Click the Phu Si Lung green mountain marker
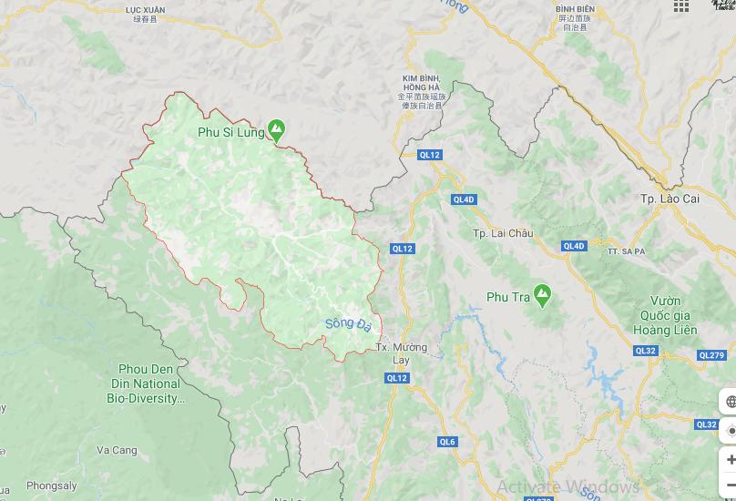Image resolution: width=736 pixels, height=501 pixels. point(275,130)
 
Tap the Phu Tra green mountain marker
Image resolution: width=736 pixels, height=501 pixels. point(543,293)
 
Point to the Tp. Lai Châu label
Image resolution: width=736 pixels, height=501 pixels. point(503,233)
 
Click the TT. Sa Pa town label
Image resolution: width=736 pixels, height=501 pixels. point(626,250)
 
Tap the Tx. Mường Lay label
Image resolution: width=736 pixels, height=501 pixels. point(401,353)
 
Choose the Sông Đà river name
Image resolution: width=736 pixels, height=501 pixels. point(348,325)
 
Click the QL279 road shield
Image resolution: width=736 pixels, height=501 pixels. point(711,355)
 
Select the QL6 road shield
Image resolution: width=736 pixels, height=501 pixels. point(446,442)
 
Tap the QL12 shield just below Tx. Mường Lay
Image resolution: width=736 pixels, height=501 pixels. point(397,378)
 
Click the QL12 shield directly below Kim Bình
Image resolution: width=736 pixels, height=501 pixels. point(429,155)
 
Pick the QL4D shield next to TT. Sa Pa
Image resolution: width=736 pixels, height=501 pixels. point(574,246)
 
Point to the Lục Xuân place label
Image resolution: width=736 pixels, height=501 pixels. point(145,13)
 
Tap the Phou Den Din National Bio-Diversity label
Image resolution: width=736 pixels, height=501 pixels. point(146,383)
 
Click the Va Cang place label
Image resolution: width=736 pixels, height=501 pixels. point(117,450)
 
